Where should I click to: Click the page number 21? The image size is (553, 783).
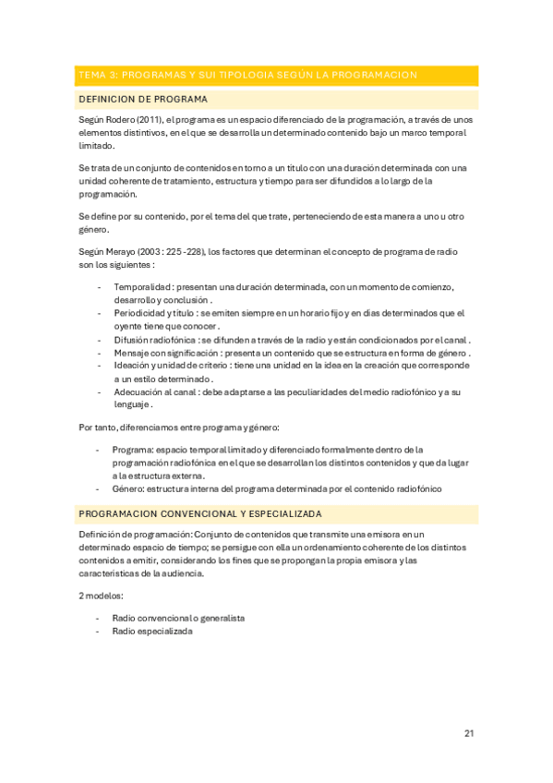coord(469,734)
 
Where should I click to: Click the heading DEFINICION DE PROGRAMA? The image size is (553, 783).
coord(143,99)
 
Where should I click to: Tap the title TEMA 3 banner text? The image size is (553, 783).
coord(247,75)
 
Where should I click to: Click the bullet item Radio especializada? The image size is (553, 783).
coord(152,631)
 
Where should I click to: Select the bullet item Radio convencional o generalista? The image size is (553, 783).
coord(178,618)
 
